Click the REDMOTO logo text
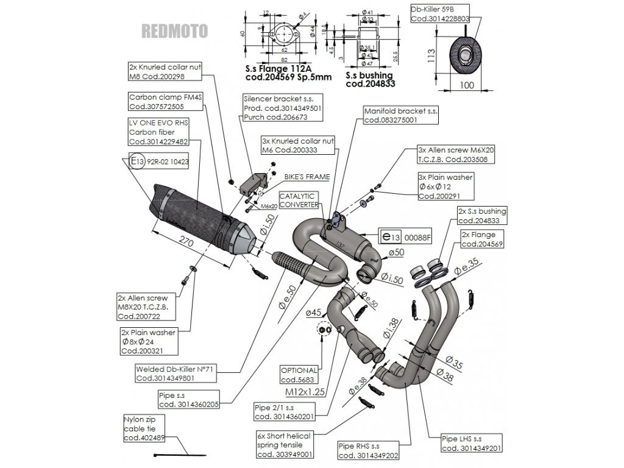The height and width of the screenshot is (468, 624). tap(174, 30)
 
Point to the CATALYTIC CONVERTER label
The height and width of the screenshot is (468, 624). tap(297, 200)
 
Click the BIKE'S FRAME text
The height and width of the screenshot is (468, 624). tap(307, 177)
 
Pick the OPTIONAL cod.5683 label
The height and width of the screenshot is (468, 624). tap(299, 374)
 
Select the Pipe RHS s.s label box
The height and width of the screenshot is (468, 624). tap(368, 451)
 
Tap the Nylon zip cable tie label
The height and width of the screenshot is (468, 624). tap(143, 429)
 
